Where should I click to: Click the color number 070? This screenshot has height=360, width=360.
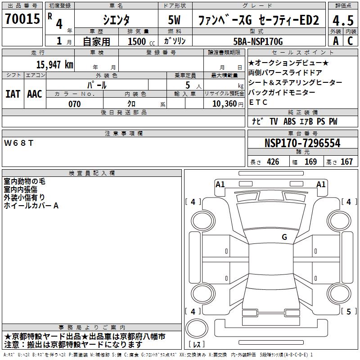pos(74,104)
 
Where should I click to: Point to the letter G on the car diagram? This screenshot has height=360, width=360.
pos(284,237)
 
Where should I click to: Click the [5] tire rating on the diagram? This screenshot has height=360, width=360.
pos(348,311)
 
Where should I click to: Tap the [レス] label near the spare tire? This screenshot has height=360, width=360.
pos(197,345)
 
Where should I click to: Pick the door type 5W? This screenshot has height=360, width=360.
pos(175,20)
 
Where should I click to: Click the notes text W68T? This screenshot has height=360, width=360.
pos(18,143)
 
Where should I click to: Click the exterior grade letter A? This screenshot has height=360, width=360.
pos(335,41)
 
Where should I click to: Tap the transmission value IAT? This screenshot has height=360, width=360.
pos(13,94)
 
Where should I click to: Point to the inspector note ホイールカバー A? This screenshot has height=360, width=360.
pos(31,206)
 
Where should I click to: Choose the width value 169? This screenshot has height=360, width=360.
pos(310,162)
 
